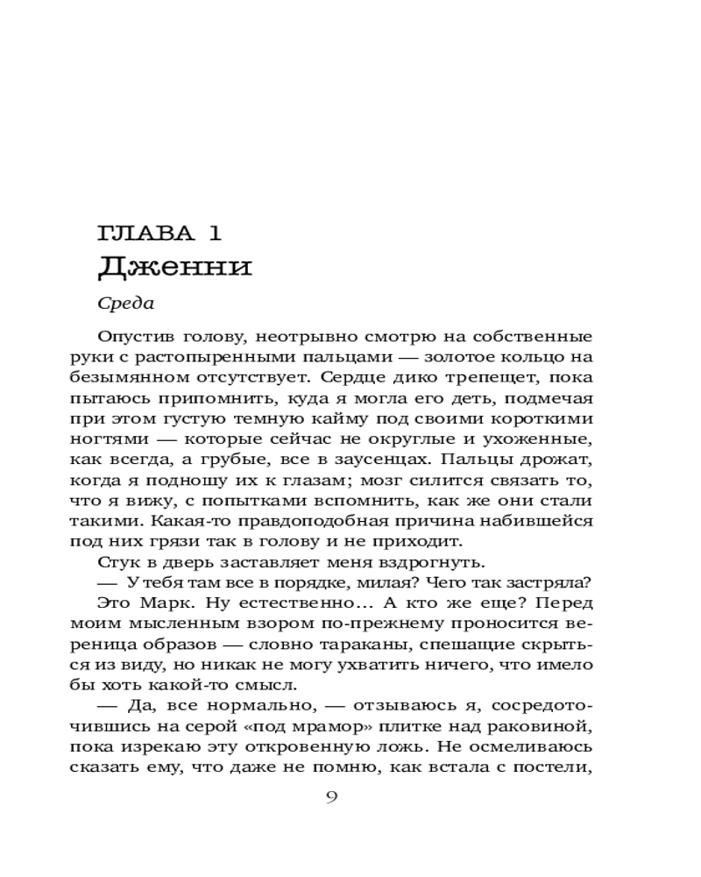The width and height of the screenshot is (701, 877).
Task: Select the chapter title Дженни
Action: pyautogui.click(x=174, y=266)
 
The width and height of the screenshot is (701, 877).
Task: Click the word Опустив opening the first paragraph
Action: pyautogui.click(x=131, y=338)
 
